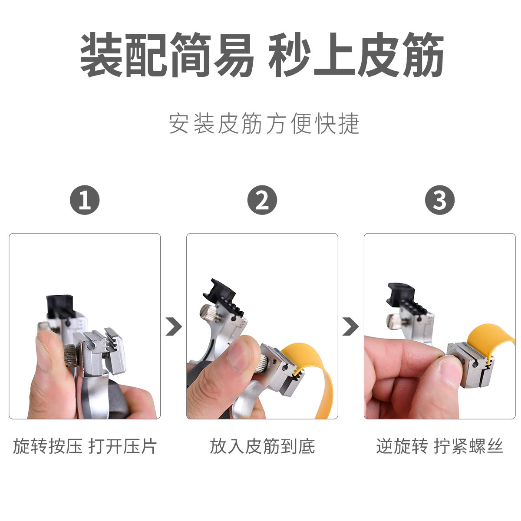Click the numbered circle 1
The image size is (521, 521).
[x=85, y=200]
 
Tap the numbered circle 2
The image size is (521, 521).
[x=262, y=200]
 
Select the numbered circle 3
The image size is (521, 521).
[x=440, y=200]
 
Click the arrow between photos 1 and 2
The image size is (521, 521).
[x=174, y=326]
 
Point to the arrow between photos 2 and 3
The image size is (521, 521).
[x=350, y=326]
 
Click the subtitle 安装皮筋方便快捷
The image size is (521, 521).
[x=264, y=123]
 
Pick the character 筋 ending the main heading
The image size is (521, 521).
[x=423, y=55]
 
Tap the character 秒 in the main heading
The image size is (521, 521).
[x=289, y=55]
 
